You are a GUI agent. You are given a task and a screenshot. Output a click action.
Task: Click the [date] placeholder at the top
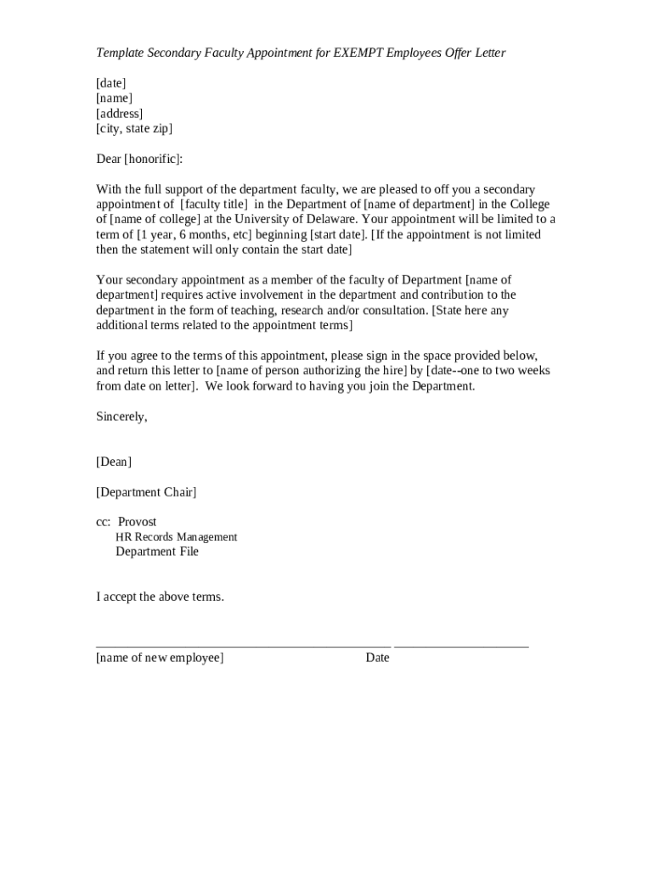[x=110, y=83]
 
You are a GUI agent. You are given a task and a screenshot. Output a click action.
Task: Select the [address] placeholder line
[x=119, y=114]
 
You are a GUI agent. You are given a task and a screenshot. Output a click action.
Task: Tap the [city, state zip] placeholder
[x=134, y=129]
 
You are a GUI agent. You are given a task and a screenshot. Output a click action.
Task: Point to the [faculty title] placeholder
[x=214, y=205]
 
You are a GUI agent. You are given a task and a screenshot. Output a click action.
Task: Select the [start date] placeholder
[x=330, y=235]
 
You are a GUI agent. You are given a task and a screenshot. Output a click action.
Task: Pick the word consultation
[x=392, y=311]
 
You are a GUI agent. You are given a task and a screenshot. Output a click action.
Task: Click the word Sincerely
[x=121, y=417]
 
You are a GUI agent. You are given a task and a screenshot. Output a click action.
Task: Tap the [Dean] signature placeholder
[x=114, y=462]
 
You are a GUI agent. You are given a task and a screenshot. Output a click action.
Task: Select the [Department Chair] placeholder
[x=146, y=492]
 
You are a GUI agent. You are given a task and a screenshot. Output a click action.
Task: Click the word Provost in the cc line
[x=137, y=522]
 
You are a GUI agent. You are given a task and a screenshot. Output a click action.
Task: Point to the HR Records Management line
[x=176, y=537]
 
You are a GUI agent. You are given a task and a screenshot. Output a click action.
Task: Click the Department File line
[x=157, y=552]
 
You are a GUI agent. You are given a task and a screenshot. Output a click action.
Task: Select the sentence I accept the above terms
[x=160, y=597]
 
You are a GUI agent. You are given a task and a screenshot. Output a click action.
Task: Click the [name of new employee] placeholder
[x=160, y=658]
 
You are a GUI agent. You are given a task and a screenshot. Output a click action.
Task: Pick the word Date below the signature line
[x=377, y=658]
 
